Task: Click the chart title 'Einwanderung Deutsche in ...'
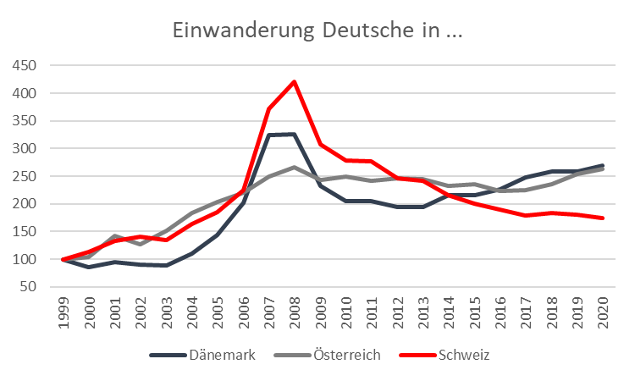[317, 30]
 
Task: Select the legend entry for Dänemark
[202, 355]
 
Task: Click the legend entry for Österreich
[327, 355]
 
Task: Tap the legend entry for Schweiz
[444, 355]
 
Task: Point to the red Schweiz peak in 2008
[294, 82]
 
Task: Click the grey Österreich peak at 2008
[294, 167]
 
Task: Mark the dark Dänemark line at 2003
[166, 265]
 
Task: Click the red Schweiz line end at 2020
[603, 218]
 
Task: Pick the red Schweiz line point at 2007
[268, 109]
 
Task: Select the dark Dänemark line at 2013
[423, 207]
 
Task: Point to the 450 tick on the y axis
[25, 65]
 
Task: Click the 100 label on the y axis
[25, 259]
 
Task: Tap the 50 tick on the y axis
[28, 287]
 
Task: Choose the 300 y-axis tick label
[25, 148]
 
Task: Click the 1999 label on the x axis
[63, 312]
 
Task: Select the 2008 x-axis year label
[295, 312]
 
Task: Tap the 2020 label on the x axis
[603, 312]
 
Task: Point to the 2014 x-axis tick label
[449, 312]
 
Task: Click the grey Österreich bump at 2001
[115, 235]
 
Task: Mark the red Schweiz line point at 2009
[320, 144]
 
